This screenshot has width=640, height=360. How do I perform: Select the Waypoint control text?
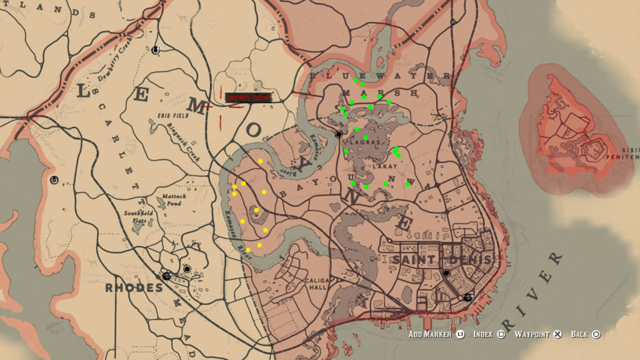tap(533, 334)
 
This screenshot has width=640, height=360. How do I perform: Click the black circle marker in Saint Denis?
tap(446, 274)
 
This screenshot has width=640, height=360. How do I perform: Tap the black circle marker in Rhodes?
tap(187, 269)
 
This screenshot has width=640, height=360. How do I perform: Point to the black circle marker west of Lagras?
tap(338, 134)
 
